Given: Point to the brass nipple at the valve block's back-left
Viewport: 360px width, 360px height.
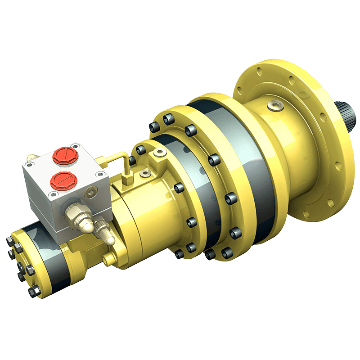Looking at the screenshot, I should click(32, 157).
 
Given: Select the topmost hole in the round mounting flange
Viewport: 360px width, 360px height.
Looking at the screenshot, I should click(260, 70).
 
